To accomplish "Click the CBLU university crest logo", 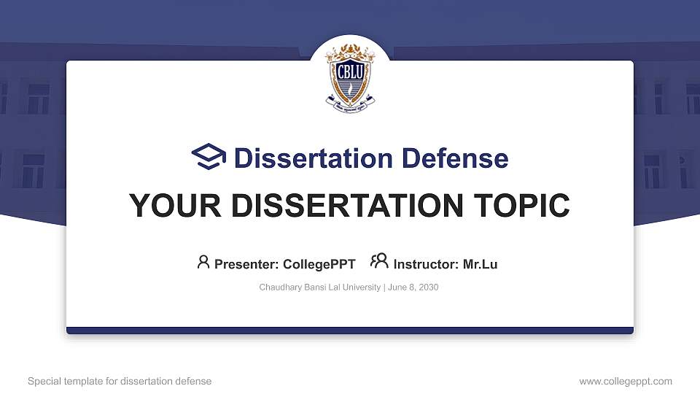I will click(x=350, y=79).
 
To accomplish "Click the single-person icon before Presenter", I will click(x=203, y=262).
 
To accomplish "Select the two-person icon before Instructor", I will click(x=379, y=262).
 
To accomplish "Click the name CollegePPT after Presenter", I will click(x=320, y=264).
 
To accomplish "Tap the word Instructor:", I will click(x=426, y=264).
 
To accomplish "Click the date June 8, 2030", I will click(x=413, y=287).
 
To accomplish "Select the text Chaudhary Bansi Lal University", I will click(x=319, y=287).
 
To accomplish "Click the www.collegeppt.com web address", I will click(x=625, y=381).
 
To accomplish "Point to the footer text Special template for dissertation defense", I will click(x=120, y=381).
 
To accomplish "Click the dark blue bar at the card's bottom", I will click(x=350, y=331).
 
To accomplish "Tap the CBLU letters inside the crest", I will click(x=350, y=72).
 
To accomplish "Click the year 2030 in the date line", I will click(x=428, y=287).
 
